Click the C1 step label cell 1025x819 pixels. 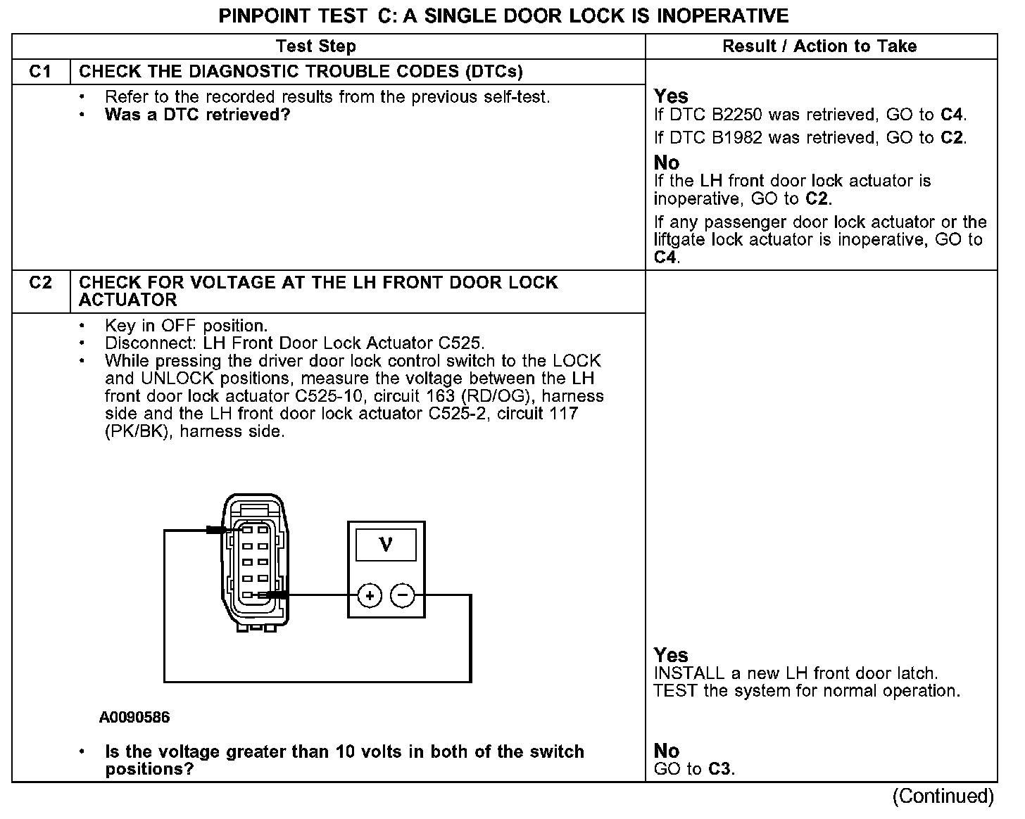41,72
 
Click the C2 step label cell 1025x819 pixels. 41,283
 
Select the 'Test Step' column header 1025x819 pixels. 316,46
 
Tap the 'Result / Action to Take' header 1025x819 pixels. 819,46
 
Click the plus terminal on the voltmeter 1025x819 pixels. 370,596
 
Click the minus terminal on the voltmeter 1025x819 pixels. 403,596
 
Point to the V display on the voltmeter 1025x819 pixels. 386,545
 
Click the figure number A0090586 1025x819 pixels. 134,718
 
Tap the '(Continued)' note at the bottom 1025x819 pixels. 943,796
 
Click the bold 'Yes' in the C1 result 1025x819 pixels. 671,96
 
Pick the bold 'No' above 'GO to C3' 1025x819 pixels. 666,751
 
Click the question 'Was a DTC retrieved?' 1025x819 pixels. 197,115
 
